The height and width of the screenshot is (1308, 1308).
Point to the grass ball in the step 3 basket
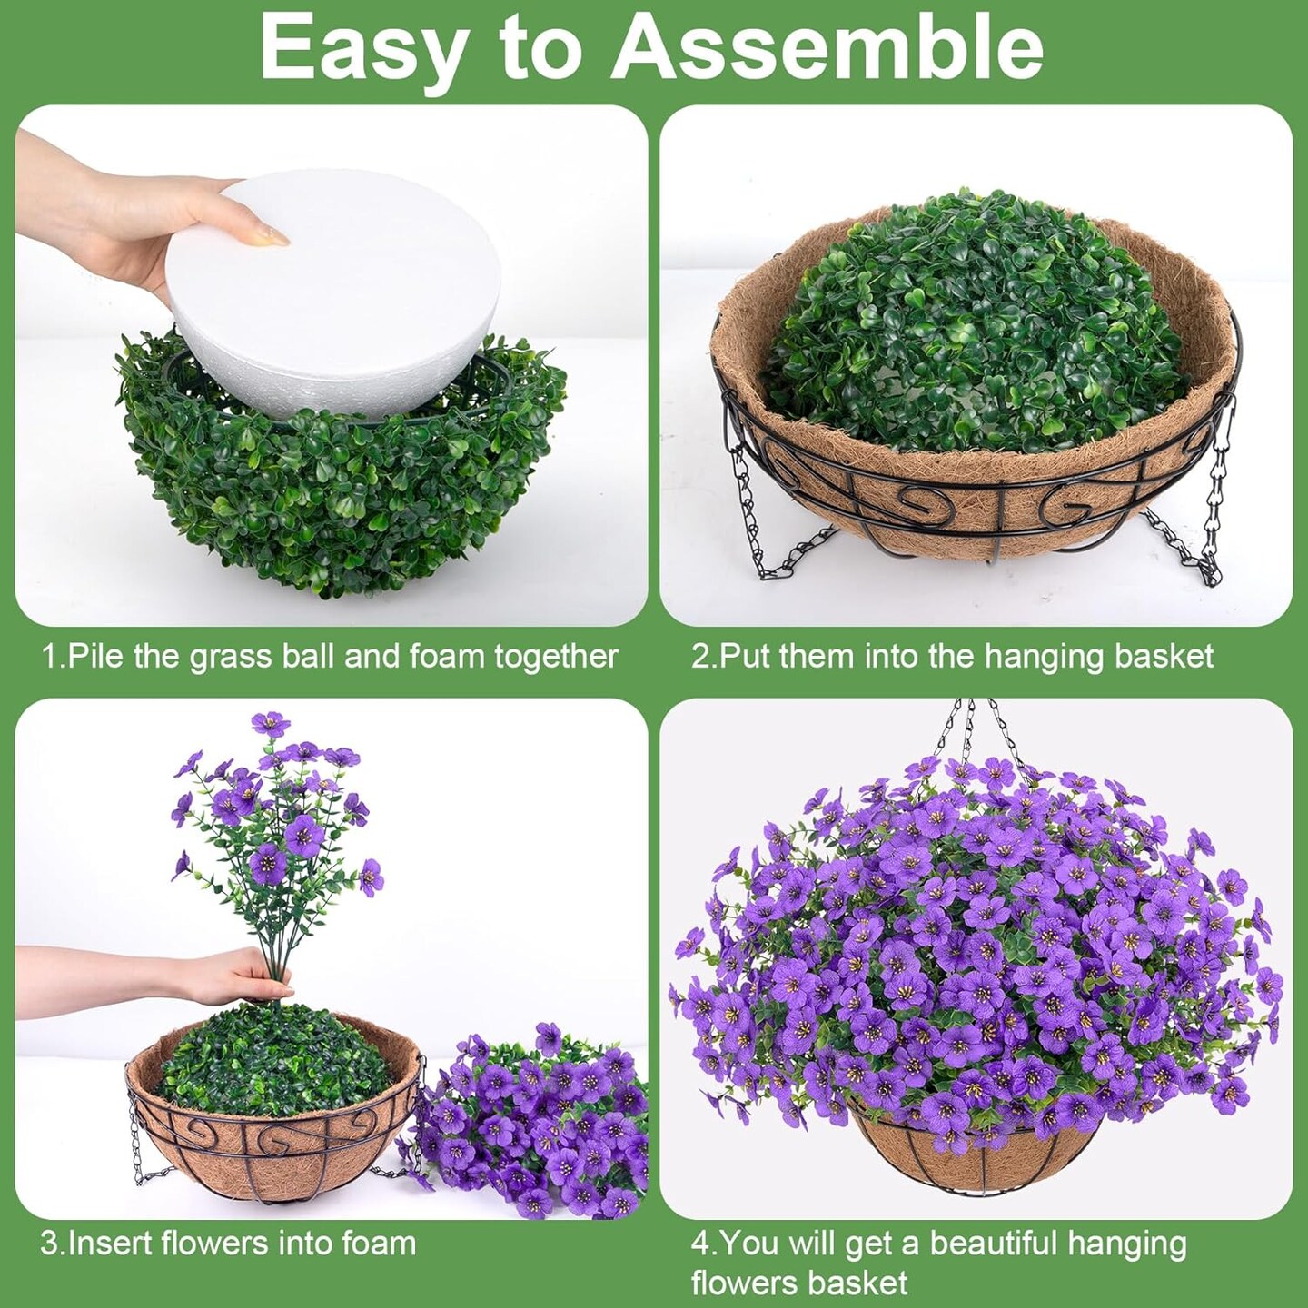point(274,1060)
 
